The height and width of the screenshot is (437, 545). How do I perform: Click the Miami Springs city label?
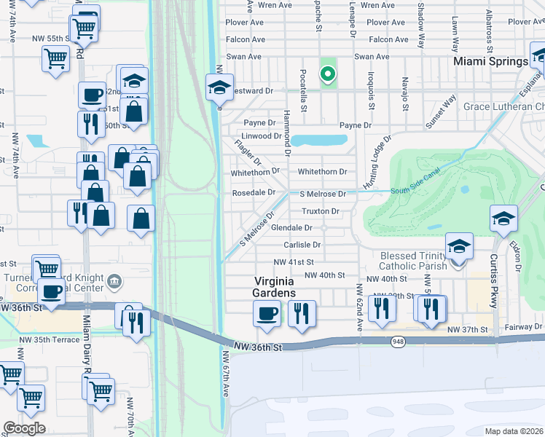tap(490, 62)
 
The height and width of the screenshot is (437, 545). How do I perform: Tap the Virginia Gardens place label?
tap(275, 286)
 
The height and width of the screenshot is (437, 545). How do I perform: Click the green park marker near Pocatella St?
tap(328, 74)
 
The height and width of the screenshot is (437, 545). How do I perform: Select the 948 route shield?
tap(398, 342)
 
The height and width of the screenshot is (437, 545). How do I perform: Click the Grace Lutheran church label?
tap(503, 106)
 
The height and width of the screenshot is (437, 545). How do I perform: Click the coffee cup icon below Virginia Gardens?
tap(267, 313)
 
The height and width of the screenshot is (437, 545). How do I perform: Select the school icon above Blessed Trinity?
tap(459, 246)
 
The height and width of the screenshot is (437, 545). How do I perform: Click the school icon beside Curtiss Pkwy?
tap(503, 219)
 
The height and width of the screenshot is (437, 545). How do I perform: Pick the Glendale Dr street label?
tap(291, 228)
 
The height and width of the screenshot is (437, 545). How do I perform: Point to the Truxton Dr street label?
tap(321, 211)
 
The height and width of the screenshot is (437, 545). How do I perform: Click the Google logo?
tap(24, 428)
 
